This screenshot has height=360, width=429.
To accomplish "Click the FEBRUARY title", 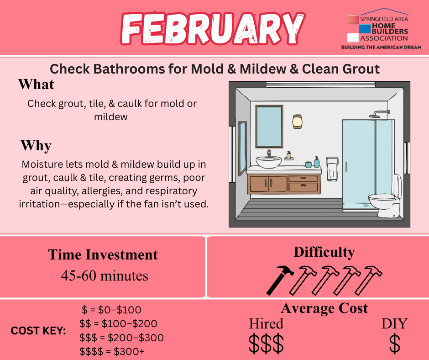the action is tap(212, 28).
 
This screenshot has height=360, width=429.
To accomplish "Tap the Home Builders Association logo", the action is tap(381, 29).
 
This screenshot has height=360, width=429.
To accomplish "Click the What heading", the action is tap(36, 84).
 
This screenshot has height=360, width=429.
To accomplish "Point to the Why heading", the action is tap(36, 145).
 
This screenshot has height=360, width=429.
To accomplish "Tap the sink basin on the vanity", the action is tap(269, 162).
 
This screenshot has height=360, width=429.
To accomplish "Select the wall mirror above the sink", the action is tap(269, 126).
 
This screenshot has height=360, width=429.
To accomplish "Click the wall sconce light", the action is tap(297, 122).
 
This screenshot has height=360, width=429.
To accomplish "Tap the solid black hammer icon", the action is tap(280, 280).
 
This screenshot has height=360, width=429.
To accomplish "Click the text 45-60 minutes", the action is tap(105, 275).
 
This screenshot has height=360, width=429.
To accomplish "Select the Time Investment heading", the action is tap(103, 254).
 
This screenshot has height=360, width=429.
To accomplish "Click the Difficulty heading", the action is tap(324, 252).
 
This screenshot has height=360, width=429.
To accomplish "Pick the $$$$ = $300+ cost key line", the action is tap(112, 351).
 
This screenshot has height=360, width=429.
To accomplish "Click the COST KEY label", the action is tap(38, 331).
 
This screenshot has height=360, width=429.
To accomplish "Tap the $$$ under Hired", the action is tap(266, 344).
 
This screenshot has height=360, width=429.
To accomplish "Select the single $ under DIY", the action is tap(394, 344).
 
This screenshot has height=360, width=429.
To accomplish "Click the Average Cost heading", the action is tap(324, 308).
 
